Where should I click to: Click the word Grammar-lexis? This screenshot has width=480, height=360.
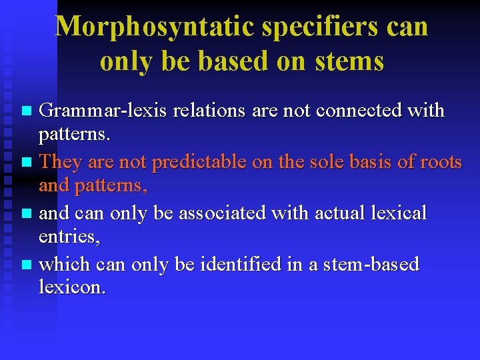pyautogui.click(x=103, y=110)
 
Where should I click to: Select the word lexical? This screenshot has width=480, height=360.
pyautogui.click(x=399, y=213)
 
